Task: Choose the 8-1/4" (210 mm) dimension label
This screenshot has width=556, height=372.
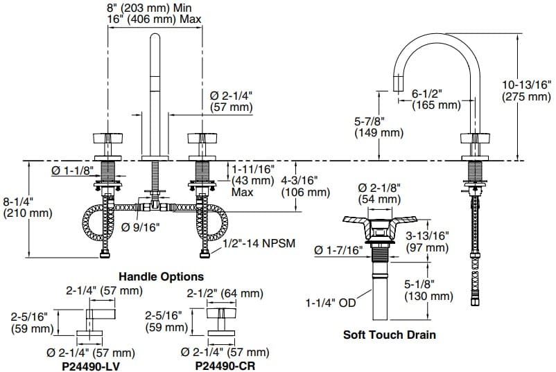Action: (x=27, y=207)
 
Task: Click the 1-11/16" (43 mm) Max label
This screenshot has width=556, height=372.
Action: (x=253, y=179)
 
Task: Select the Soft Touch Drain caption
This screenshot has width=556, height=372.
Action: (x=390, y=335)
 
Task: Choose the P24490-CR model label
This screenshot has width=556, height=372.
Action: (x=222, y=365)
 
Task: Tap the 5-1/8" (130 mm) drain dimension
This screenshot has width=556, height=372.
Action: (x=429, y=290)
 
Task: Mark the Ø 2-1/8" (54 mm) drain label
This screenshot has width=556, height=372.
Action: (x=379, y=193)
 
